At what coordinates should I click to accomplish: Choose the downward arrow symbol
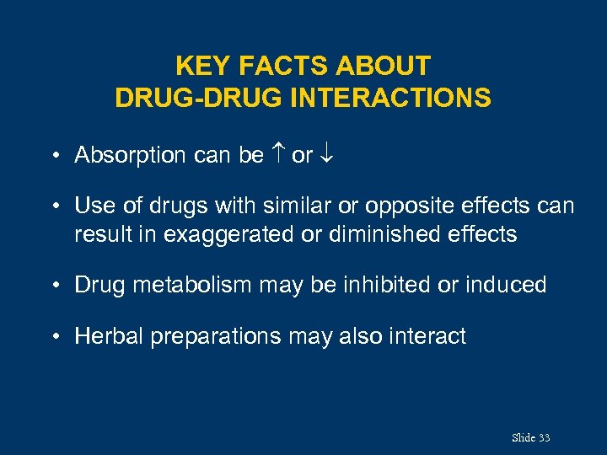coord(327,156)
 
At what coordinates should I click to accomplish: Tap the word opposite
coord(407,206)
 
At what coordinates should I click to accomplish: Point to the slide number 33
coord(544,437)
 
